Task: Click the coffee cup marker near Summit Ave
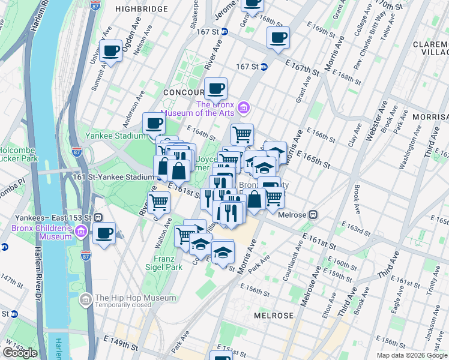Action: [x=111, y=52]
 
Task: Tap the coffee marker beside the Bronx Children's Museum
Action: [x=104, y=233]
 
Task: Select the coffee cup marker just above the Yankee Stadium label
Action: [x=154, y=124]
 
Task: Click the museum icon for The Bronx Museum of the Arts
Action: [x=244, y=108]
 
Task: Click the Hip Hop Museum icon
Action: [x=86, y=298]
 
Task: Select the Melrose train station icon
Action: [x=313, y=215]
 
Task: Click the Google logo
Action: [x=19, y=353]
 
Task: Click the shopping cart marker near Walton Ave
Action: [x=159, y=203]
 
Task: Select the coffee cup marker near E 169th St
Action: [x=277, y=38]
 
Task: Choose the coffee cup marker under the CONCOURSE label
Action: [x=215, y=89]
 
